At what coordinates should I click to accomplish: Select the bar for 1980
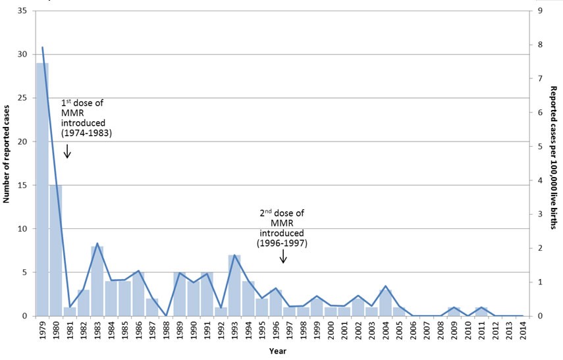(56, 250)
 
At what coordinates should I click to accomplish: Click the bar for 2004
(386, 303)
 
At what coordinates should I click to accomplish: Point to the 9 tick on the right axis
(540, 11)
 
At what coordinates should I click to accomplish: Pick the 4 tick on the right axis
(540, 180)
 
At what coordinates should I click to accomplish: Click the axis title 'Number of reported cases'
(7, 164)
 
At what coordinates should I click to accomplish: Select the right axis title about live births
(554, 164)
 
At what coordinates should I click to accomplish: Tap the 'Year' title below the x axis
(278, 351)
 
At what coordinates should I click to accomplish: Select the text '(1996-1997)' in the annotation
(283, 244)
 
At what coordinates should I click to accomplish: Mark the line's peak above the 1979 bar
(42, 47)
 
